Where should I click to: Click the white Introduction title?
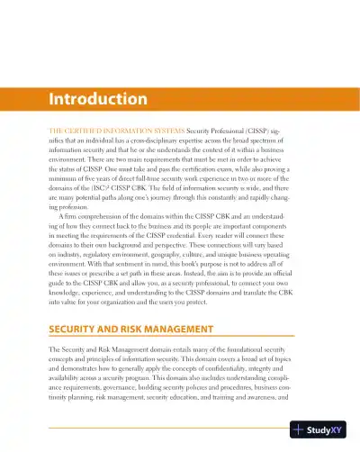[x=99, y=98]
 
